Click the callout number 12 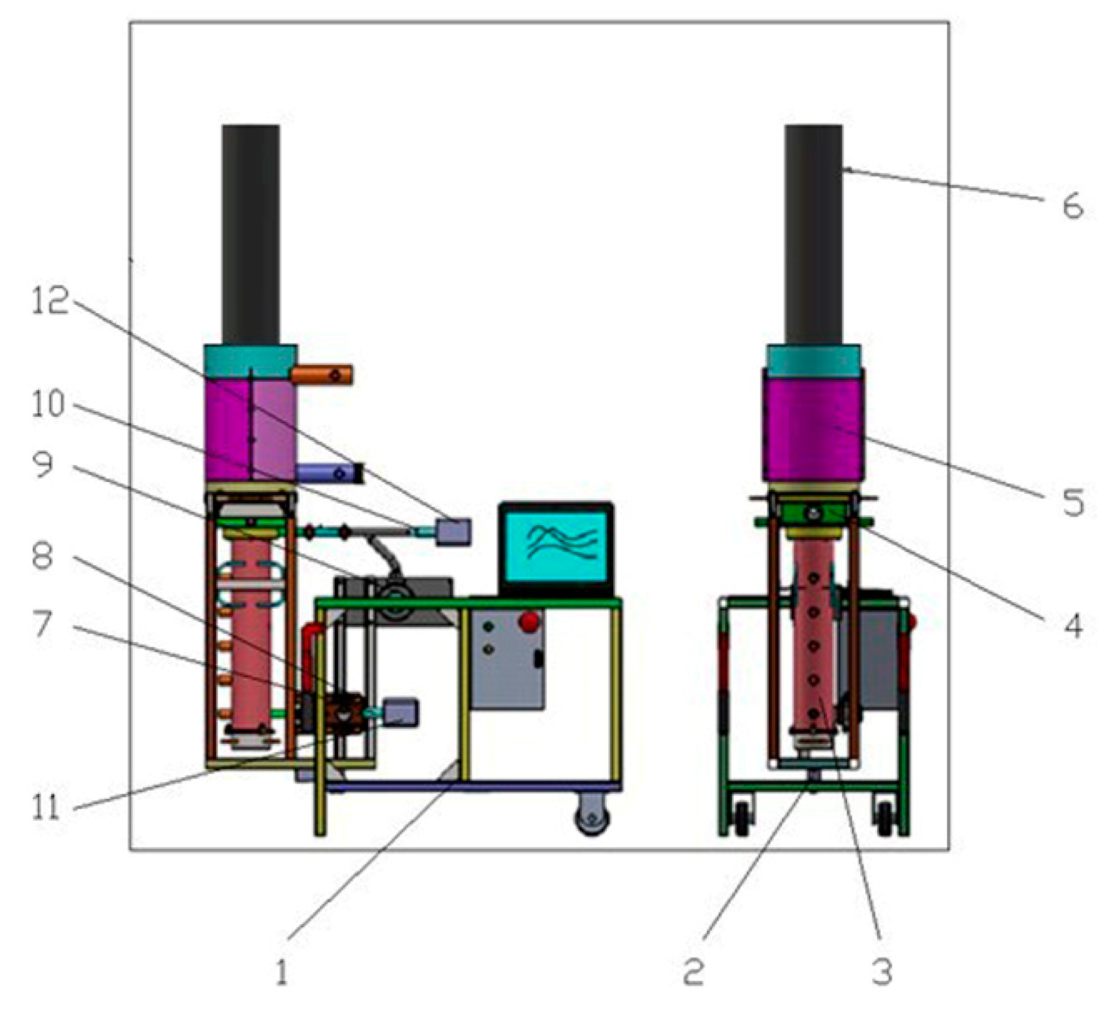50,301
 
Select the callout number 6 1072,206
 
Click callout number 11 46,808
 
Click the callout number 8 42,556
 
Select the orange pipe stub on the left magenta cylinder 322,375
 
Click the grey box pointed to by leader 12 454,532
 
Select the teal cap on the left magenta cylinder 250,361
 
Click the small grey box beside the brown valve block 400,712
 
